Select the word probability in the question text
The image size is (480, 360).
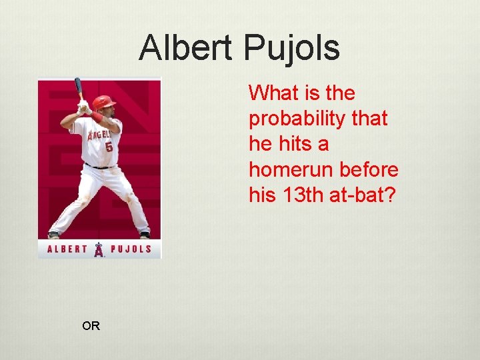pyautogui.click(x=299, y=119)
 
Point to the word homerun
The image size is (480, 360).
pyautogui.click(x=291, y=170)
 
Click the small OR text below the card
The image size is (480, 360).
pyautogui.click(x=91, y=326)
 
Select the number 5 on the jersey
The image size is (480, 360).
pyautogui.click(x=109, y=146)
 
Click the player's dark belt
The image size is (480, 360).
pyautogui.click(x=100, y=165)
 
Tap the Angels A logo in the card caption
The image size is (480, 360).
pyautogui.click(x=99, y=249)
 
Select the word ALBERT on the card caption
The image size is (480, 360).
pyautogui.click(x=67, y=250)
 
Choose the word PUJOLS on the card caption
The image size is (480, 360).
pyautogui.click(x=131, y=250)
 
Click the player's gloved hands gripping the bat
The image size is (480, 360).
pyautogui.click(x=83, y=107)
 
